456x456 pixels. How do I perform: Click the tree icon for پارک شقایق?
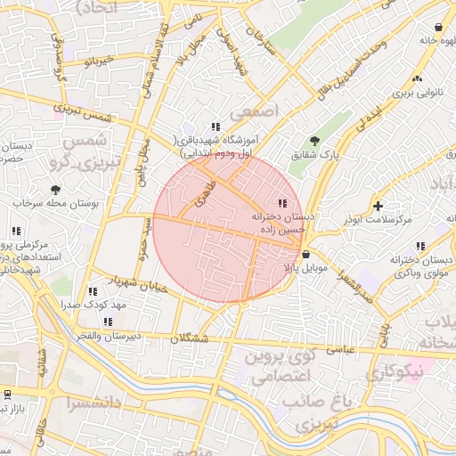[314, 141]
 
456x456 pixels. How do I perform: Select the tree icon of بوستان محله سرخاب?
[56, 190]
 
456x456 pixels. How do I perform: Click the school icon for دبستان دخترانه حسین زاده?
[284, 203]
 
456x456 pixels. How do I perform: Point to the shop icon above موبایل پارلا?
[306, 254]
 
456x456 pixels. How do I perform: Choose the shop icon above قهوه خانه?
[439, 27]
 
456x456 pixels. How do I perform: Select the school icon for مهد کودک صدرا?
[93, 291]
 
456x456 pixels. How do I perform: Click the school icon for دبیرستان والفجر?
[108, 322]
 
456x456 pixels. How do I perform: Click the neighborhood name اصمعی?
[255, 113]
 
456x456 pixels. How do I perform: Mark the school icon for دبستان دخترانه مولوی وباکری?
[419, 246]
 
